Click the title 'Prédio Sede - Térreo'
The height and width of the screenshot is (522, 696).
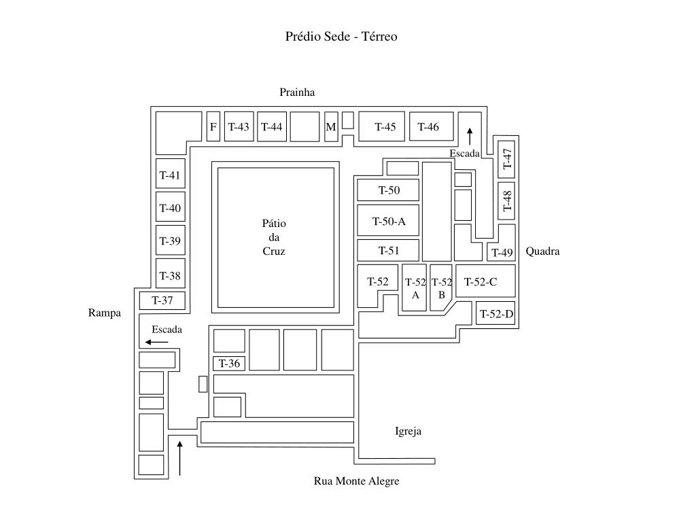coord(341,37)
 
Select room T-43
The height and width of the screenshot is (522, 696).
coord(239,126)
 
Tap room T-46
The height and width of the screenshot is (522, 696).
coord(428,126)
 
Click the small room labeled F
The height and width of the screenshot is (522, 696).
coord(213,126)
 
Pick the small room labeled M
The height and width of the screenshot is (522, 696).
coord(331,126)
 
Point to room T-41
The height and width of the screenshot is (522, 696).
coord(170,175)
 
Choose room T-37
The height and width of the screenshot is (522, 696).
coord(162,300)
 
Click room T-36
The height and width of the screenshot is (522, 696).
coord(229,364)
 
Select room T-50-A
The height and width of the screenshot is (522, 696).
coord(389,221)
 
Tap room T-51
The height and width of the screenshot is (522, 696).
coord(389,251)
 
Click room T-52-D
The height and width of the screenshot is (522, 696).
coord(496,313)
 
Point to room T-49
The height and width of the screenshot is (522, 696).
coord(502,253)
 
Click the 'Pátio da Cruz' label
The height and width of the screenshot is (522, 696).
coord(274,237)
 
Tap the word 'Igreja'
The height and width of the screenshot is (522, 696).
coord(408,431)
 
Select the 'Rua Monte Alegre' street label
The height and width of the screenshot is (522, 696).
coord(356,481)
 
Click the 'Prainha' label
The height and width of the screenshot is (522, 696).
coord(297,92)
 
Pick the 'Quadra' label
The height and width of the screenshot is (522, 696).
coord(542,251)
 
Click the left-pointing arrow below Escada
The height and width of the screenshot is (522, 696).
coord(156,342)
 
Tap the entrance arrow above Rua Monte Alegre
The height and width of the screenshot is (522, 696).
coord(180,458)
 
